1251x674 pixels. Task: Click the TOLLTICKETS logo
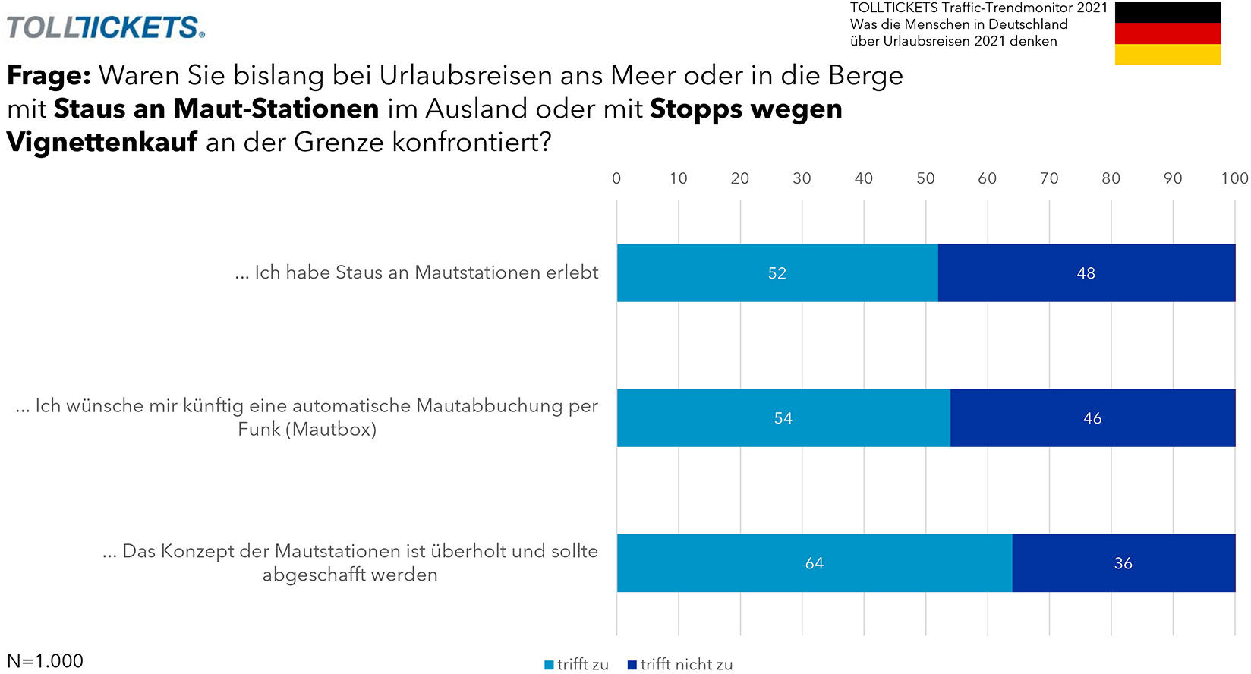(x=106, y=27)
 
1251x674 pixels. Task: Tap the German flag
(x=1167, y=33)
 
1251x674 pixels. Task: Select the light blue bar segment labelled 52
(x=777, y=273)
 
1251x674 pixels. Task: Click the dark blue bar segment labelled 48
(x=1086, y=273)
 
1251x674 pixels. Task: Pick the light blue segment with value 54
(x=783, y=418)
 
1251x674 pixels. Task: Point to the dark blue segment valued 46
(x=1092, y=418)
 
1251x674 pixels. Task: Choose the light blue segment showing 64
(x=814, y=563)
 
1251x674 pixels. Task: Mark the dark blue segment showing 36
(x=1123, y=563)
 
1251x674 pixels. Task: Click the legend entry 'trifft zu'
(x=577, y=665)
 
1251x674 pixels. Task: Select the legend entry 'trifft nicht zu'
(x=680, y=665)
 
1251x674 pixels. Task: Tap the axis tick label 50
(x=925, y=178)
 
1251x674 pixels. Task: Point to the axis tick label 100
(x=1234, y=178)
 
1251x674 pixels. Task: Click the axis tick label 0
(x=616, y=178)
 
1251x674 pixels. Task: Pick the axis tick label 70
(x=1049, y=178)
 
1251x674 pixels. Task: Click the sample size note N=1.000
(x=46, y=661)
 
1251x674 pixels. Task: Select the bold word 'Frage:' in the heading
(x=49, y=76)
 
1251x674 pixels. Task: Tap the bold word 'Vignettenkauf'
(x=102, y=142)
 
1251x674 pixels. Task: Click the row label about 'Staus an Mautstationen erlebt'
(x=417, y=272)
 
